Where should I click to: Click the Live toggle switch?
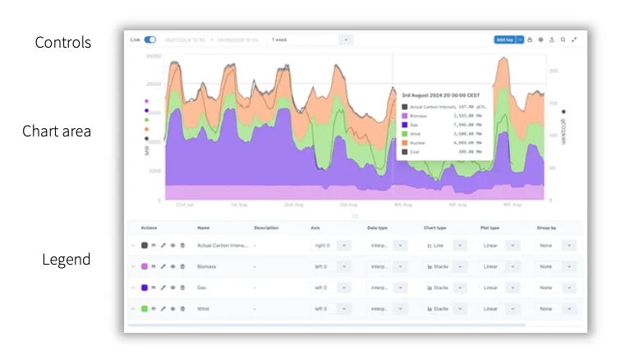coord(150,39)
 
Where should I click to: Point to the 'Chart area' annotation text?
coord(57,132)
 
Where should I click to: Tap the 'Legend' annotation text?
coord(67,260)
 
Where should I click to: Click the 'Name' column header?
coord(203,227)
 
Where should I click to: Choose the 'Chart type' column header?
coord(435,227)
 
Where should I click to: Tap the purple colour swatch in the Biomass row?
coord(145,266)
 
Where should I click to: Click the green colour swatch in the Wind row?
coord(145,309)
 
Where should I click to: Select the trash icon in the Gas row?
coord(182,288)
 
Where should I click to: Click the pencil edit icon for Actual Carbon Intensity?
coord(163,245)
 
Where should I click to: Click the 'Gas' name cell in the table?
coord(203,288)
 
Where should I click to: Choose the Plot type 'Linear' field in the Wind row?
coord(491,309)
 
